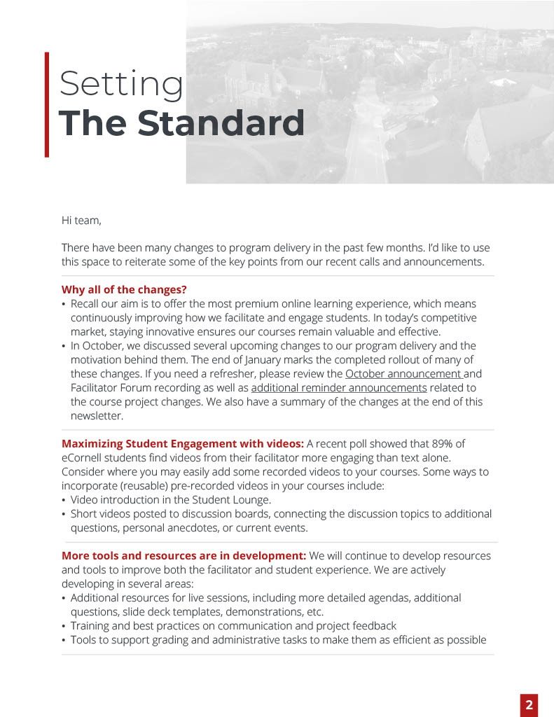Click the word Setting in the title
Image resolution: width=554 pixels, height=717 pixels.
120,85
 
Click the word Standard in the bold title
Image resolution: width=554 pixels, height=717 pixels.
221,123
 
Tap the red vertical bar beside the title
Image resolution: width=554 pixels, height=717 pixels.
47,104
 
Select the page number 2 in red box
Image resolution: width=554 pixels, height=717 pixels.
529,705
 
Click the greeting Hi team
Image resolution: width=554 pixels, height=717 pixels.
81,221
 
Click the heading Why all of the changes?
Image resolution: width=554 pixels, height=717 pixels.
124,289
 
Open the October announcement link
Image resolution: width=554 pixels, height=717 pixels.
403,373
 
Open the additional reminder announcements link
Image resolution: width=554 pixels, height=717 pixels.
339,387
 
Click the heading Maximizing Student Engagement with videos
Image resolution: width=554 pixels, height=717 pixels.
183,443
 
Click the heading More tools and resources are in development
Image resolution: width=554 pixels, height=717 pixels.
183,555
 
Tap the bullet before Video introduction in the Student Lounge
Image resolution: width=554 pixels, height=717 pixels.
64,500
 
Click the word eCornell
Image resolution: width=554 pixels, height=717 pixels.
83,457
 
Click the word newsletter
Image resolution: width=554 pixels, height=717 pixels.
97,415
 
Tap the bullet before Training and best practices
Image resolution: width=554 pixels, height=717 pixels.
64,626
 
